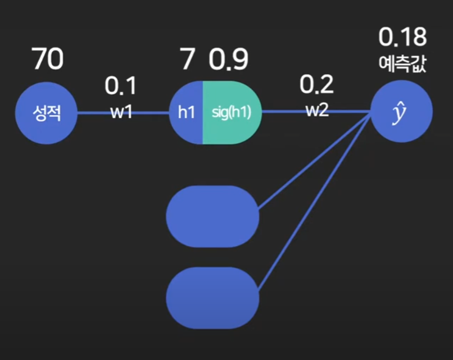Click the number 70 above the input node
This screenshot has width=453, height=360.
[47, 60]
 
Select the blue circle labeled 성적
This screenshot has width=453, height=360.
[46, 112]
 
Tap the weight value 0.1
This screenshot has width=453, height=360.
[120, 86]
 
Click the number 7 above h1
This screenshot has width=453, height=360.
[187, 60]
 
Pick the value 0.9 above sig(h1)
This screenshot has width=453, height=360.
[229, 60]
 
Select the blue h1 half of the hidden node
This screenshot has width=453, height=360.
[186, 112]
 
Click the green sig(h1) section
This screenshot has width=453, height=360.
[231, 112]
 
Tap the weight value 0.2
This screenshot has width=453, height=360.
[316, 85]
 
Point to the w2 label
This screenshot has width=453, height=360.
[317, 111]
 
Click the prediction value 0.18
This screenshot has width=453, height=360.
[402, 38]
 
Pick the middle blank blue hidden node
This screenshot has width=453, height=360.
[212, 216]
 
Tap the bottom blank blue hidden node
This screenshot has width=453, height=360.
[212, 298]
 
